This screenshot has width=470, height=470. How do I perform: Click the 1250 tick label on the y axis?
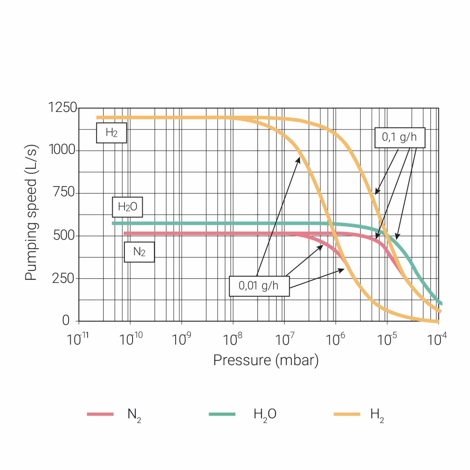tap(62, 107)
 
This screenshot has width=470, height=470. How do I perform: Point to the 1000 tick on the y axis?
tap(62, 150)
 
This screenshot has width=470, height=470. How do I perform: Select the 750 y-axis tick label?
tap(64, 192)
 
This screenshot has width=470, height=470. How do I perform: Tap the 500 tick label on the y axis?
tap(64, 235)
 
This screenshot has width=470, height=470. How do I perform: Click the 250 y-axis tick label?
tap(63, 278)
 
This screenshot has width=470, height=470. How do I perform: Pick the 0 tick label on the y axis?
tap(66, 320)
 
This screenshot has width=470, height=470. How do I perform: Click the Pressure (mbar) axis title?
tap(266, 360)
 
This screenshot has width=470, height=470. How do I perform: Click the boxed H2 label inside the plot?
tap(111, 133)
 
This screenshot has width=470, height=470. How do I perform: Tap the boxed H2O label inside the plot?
tap(127, 207)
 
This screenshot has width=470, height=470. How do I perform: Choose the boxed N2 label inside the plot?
tap(139, 252)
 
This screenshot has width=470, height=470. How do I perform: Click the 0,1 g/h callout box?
tap(400, 138)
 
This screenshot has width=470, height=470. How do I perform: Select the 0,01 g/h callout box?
tap(259, 286)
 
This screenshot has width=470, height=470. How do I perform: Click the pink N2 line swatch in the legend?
tap(100, 414)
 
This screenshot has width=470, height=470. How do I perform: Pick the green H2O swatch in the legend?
tap(222, 414)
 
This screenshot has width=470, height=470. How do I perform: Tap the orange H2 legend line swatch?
tap(347, 414)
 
